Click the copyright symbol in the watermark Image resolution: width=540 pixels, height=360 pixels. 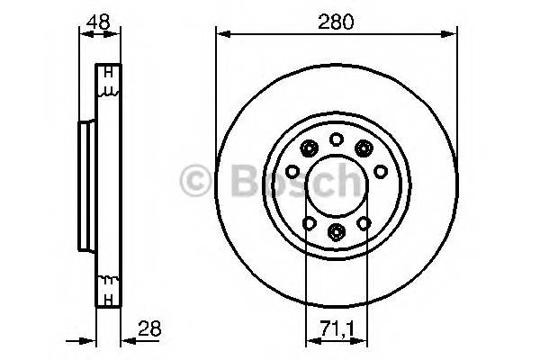click(x=193, y=181)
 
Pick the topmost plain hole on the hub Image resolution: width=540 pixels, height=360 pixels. click(x=336, y=139)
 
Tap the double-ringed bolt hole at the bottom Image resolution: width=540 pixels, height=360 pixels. click(x=336, y=233)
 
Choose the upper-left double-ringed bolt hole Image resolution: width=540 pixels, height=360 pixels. click(x=308, y=149)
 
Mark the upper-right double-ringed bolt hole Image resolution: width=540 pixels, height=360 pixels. click(x=364, y=149)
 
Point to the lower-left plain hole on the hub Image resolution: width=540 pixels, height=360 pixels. click(x=308, y=222)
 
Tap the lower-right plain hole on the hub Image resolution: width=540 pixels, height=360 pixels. click(x=364, y=222)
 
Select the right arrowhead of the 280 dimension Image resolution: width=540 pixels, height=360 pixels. click(x=450, y=34)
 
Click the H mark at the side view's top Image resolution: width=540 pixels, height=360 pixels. click(x=107, y=73)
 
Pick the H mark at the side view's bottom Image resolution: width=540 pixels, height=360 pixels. click(x=107, y=297)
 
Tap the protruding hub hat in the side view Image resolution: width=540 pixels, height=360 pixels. click(x=86, y=185)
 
